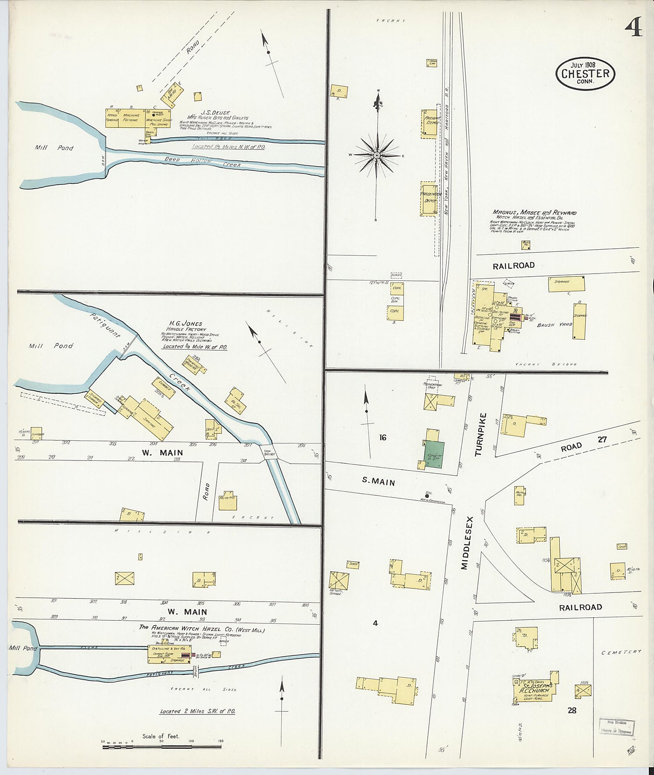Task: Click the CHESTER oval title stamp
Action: pos(585,74)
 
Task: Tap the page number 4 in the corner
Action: pos(633,29)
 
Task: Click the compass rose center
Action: pos(377,155)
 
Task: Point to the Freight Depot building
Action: pos(429,123)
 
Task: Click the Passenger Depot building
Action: pos(429,198)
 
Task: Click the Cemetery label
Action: pos(621,652)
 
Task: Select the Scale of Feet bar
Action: pos(162,747)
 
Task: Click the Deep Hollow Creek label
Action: pos(203,162)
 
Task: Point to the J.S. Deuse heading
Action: pos(215,112)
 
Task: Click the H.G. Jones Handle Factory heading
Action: pos(186,326)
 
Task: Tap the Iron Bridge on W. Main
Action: pos(269,453)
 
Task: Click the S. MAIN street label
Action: pos(378,481)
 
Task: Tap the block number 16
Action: pos(382,437)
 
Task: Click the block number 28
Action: pos(572,710)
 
